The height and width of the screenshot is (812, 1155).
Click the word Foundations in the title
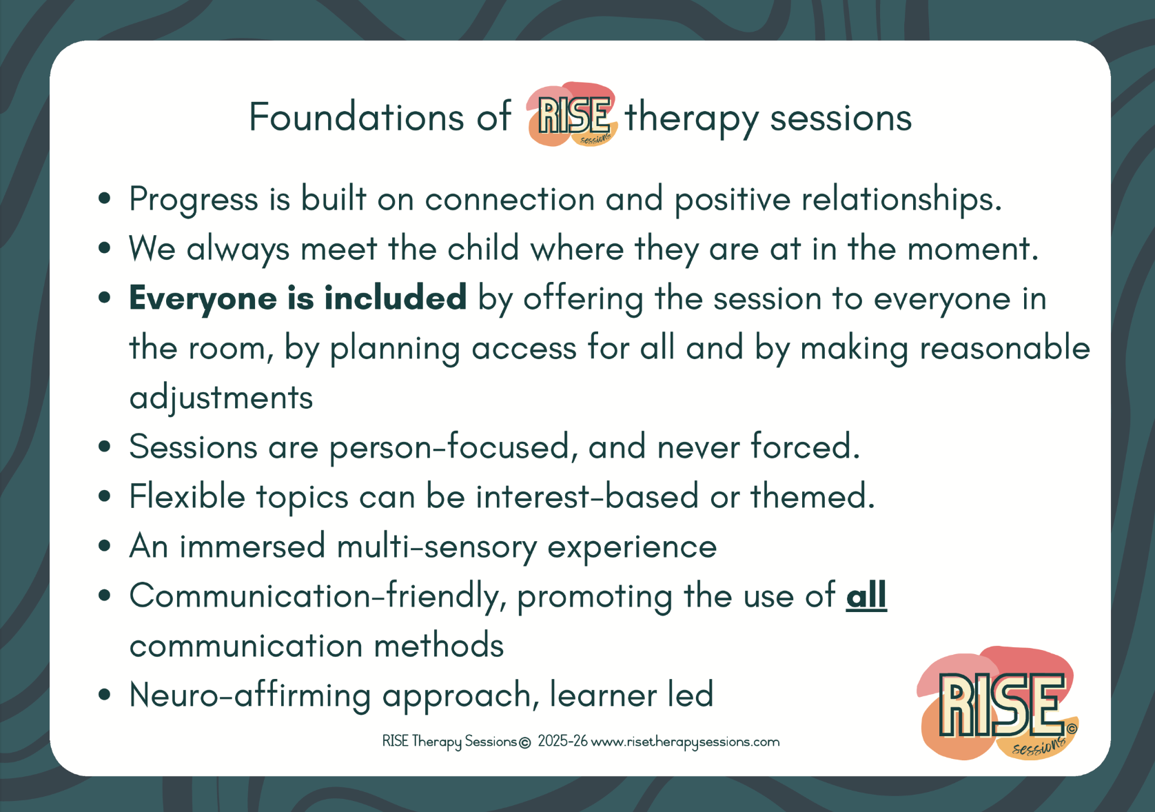[x=356, y=117]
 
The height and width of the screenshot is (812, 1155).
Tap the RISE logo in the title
[x=572, y=114]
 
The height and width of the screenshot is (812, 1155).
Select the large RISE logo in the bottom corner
[x=997, y=703]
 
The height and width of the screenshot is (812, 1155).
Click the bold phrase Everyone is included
[x=298, y=298]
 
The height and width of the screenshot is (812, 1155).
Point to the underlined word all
[x=866, y=596]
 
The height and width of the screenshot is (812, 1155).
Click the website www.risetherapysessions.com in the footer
[x=685, y=742]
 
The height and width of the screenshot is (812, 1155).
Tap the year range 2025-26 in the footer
[x=562, y=741]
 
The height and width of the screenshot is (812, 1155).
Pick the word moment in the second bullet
[x=972, y=249]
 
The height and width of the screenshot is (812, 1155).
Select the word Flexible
[x=187, y=496]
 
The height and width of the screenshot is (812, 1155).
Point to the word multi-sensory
[x=437, y=547]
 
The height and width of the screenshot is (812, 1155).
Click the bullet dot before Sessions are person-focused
[x=105, y=447]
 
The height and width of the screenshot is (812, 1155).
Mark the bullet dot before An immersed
[x=105, y=546]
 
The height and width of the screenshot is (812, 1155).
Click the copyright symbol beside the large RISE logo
[x=1072, y=729]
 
